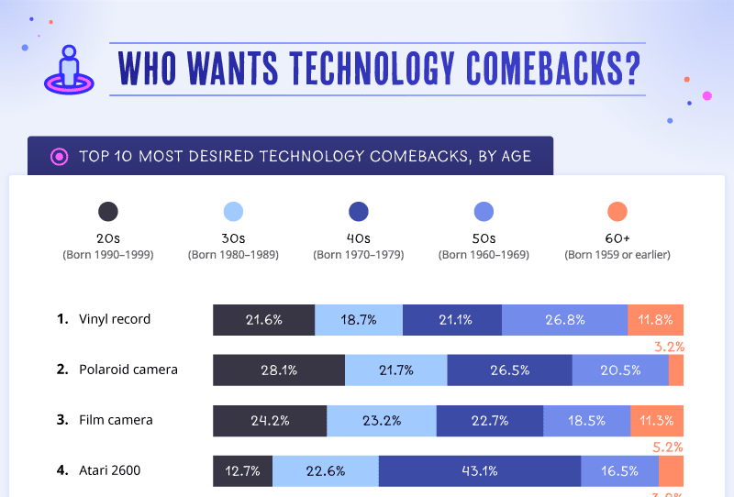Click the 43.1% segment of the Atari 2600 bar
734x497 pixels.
click(479, 471)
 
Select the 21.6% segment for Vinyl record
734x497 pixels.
click(263, 320)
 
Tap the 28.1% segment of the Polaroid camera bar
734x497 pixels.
click(279, 370)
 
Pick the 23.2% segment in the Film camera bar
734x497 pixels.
click(382, 421)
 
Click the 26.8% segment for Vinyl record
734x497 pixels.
click(564, 320)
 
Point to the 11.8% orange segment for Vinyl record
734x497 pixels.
click(655, 320)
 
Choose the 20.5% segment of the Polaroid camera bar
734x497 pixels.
click(620, 370)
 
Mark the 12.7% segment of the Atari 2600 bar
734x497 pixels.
click(243, 471)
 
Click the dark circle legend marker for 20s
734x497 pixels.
click(108, 212)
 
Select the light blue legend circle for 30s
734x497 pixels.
click(233, 212)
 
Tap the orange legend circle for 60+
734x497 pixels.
click(617, 212)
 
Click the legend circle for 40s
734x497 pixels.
click(359, 212)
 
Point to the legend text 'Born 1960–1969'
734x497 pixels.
click(484, 254)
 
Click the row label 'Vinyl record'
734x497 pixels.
click(115, 319)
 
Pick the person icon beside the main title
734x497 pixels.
click(68, 69)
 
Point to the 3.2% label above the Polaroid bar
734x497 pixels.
click(669, 348)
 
